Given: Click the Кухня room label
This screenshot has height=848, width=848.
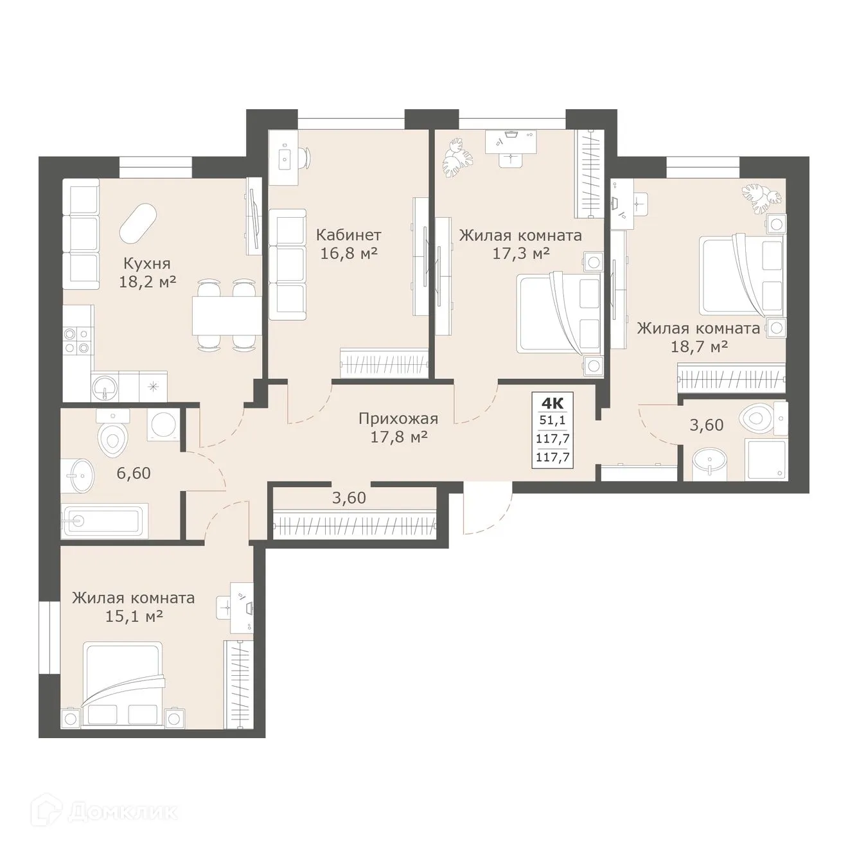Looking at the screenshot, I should (147, 263).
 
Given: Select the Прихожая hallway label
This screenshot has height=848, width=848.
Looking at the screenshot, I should (398, 419).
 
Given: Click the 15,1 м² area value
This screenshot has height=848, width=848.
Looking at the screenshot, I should (134, 616).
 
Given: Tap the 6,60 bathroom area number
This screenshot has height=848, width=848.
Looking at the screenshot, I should (134, 473).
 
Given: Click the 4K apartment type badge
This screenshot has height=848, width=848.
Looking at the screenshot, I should (552, 403).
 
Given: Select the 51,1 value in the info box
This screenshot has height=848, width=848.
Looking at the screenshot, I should (552, 421).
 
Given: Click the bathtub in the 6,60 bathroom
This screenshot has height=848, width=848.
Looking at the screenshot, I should (105, 521).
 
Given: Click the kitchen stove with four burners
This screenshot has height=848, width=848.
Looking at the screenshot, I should (78, 340).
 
